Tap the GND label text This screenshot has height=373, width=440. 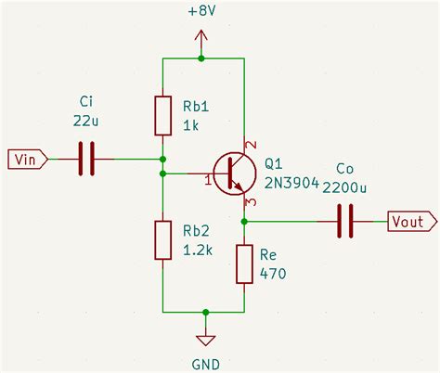(x=204, y=361)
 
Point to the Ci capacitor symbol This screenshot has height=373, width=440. (x=86, y=159)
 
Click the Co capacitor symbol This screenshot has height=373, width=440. (x=344, y=221)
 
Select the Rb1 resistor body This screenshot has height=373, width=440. (x=163, y=114)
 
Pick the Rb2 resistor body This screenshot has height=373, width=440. (x=163, y=240)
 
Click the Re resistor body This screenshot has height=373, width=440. (x=244, y=264)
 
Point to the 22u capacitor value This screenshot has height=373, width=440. (x=85, y=121)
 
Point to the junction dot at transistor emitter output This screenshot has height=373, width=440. (x=244, y=221)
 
